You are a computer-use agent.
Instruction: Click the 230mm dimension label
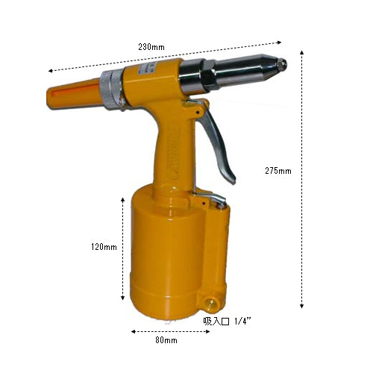(151, 47)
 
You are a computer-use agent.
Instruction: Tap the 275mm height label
(278, 171)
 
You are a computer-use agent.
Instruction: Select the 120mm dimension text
(104, 247)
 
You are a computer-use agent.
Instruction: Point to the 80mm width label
(166, 340)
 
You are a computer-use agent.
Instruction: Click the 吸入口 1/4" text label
(227, 322)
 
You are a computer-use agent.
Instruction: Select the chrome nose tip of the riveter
(281, 64)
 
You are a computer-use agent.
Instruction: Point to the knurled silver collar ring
(111, 90)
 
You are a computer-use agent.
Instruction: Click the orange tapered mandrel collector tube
(74, 94)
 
